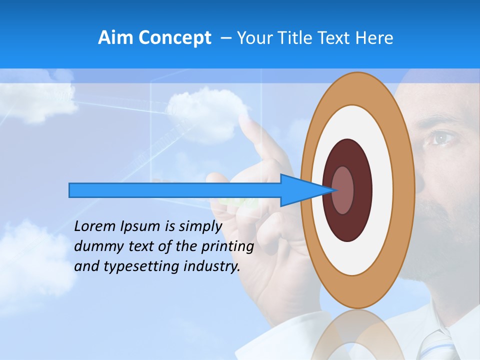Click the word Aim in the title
pyautogui.click(x=115, y=38)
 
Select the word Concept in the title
pyautogui.click(x=174, y=38)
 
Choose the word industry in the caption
pyautogui.click(x=212, y=266)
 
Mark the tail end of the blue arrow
pyautogui.click(x=70, y=190)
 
